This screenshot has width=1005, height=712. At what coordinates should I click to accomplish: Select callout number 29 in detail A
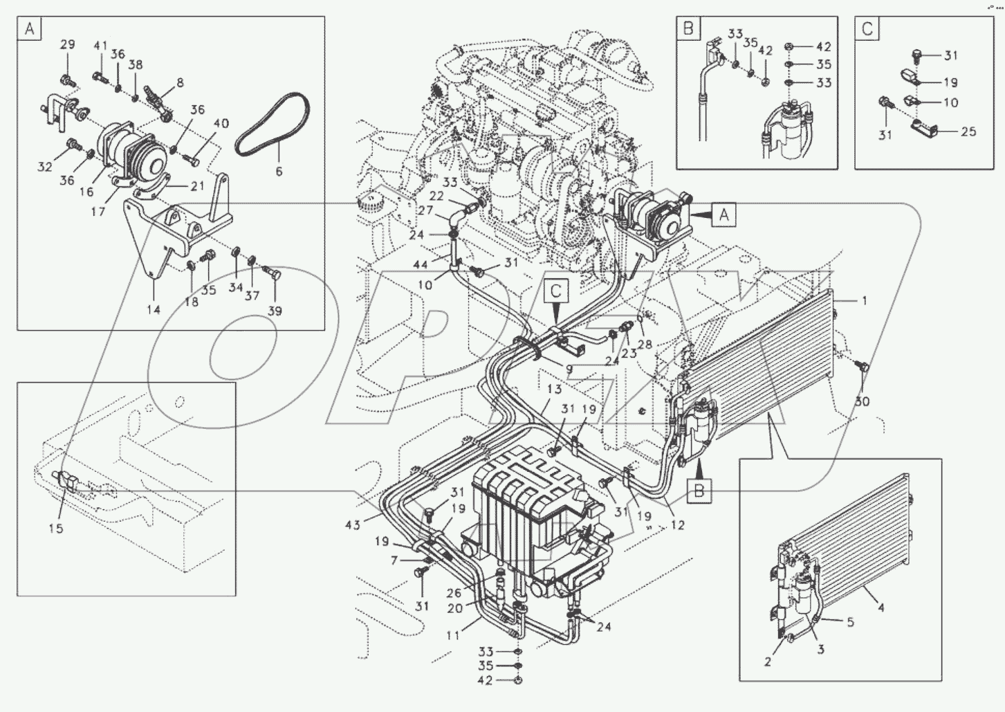[67, 46]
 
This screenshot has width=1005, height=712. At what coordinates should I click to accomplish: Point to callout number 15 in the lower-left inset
[55, 528]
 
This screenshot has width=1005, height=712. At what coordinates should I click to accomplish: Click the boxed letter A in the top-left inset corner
[30, 29]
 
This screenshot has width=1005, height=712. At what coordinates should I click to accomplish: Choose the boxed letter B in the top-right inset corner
[688, 29]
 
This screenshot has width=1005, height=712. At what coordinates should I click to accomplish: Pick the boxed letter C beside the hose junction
[555, 291]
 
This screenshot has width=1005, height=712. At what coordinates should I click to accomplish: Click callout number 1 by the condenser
[863, 301]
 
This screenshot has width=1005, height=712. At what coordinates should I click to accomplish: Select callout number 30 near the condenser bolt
[863, 401]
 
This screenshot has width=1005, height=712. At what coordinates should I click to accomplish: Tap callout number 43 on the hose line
[353, 525]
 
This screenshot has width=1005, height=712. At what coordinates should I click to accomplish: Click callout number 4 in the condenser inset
[880, 609]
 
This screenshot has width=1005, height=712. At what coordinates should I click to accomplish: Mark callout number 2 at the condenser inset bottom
[767, 661]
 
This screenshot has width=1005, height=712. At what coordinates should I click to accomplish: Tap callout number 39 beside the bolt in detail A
[275, 311]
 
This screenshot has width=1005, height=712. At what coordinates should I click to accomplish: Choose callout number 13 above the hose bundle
[554, 390]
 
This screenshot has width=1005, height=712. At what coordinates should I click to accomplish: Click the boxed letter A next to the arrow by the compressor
[723, 215]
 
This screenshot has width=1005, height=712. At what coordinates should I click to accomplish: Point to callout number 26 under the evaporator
[453, 592]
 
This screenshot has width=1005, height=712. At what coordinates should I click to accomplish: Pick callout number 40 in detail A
[221, 124]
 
